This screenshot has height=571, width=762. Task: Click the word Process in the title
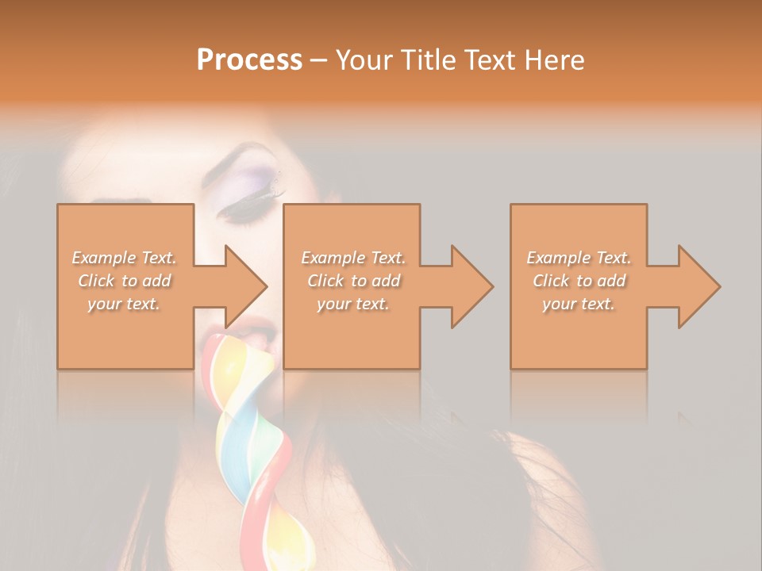click(x=249, y=60)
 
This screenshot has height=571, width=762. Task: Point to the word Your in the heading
click(x=364, y=60)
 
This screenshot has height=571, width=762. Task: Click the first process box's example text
click(x=124, y=281)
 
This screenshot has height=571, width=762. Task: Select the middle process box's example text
click(x=352, y=281)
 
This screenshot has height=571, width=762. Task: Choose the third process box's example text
click(x=579, y=281)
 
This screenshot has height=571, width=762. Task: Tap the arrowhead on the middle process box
click(x=471, y=286)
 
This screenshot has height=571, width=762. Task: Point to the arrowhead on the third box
click(x=698, y=286)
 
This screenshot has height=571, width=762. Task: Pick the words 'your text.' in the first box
click(x=124, y=304)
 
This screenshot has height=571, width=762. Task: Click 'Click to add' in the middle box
click(x=352, y=281)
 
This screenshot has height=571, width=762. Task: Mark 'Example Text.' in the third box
click(x=579, y=258)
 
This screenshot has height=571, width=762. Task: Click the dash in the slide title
click(x=318, y=60)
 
